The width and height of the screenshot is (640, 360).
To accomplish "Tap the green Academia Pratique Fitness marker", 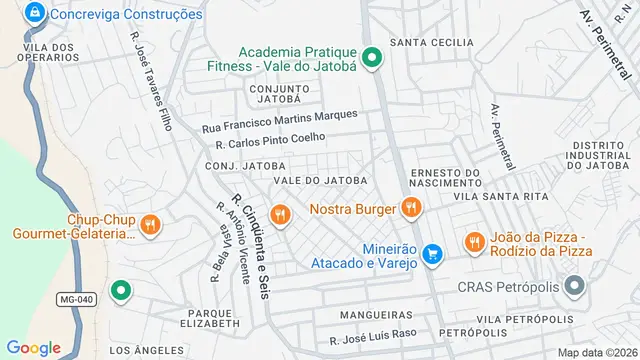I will pyautogui.click(x=372, y=58).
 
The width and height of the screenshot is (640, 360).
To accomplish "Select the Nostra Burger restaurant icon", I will pyautogui.click(x=410, y=209).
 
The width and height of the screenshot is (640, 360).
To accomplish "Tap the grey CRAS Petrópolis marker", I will pyautogui.click(x=574, y=287).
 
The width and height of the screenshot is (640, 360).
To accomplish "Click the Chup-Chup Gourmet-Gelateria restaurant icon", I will pyautogui.click(x=150, y=224).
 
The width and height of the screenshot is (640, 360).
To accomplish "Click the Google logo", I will pyautogui.click(x=33, y=347).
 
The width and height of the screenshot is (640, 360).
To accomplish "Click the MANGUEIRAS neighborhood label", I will pyautogui.click(x=376, y=314).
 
